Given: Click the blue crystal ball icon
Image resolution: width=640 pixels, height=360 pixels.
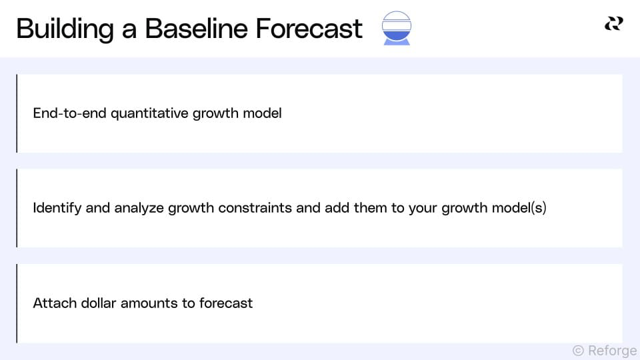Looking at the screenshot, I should click(x=397, y=28).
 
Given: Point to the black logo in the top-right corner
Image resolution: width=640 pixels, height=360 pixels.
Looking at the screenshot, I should click(x=613, y=24).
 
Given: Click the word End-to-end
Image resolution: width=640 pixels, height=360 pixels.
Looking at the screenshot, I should click(x=70, y=113).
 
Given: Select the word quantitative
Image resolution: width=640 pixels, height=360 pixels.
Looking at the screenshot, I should click(x=150, y=113).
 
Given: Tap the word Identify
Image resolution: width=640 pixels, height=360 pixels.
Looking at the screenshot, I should click(x=57, y=208).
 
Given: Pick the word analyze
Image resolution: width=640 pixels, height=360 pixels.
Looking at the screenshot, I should click(x=139, y=208).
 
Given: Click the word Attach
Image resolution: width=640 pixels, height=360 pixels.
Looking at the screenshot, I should click(x=55, y=303).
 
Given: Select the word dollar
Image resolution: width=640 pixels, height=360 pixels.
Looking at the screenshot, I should click(x=98, y=303).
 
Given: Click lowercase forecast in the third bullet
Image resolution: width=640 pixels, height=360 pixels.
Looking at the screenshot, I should click(x=226, y=303).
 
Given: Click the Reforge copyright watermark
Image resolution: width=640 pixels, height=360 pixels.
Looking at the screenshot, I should click(x=604, y=351).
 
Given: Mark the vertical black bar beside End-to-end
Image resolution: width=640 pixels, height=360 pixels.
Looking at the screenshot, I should click(x=17, y=113).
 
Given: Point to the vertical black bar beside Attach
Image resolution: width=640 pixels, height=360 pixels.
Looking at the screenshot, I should click(x=17, y=303).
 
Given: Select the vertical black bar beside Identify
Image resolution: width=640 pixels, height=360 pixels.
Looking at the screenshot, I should click(x=17, y=208).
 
